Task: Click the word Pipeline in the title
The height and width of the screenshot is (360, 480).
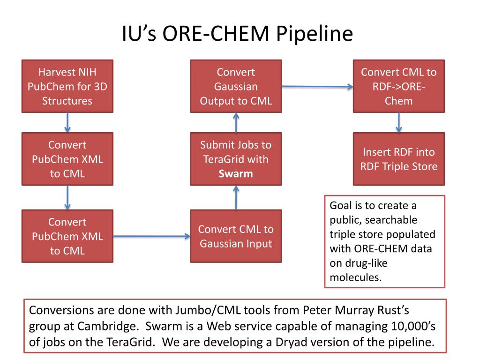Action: point(315,34)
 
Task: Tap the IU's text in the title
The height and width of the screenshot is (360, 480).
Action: point(139,33)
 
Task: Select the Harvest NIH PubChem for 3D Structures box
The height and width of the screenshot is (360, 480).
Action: point(67,86)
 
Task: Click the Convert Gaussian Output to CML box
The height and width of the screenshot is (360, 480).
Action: point(236,86)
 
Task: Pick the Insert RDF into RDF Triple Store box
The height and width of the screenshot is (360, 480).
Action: point(399,159)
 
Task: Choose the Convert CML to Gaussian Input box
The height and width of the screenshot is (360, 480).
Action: point(236,236)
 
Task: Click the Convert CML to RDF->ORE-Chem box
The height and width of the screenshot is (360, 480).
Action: point(399,86)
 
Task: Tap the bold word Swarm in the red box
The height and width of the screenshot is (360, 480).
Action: point(236,173)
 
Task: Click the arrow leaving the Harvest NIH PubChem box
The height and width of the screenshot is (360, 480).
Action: point(67,122)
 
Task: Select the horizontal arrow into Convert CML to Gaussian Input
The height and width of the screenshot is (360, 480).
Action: point(151,236)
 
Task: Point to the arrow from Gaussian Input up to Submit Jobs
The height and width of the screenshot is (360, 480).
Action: point(236,198)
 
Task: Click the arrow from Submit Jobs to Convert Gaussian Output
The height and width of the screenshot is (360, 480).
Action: point(236,122)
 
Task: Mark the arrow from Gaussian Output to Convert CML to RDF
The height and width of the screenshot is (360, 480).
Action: point(317,87)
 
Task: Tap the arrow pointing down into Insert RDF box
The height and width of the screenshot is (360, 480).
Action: point(398,122)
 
